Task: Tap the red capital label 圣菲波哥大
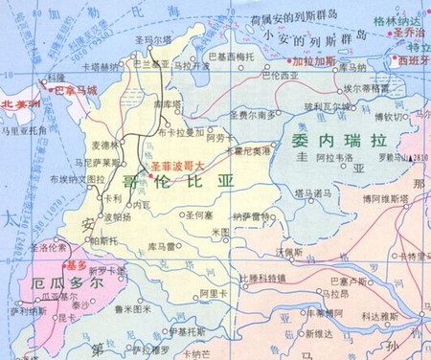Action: tap(176, 165)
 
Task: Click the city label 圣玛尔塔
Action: tap(152, 41)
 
